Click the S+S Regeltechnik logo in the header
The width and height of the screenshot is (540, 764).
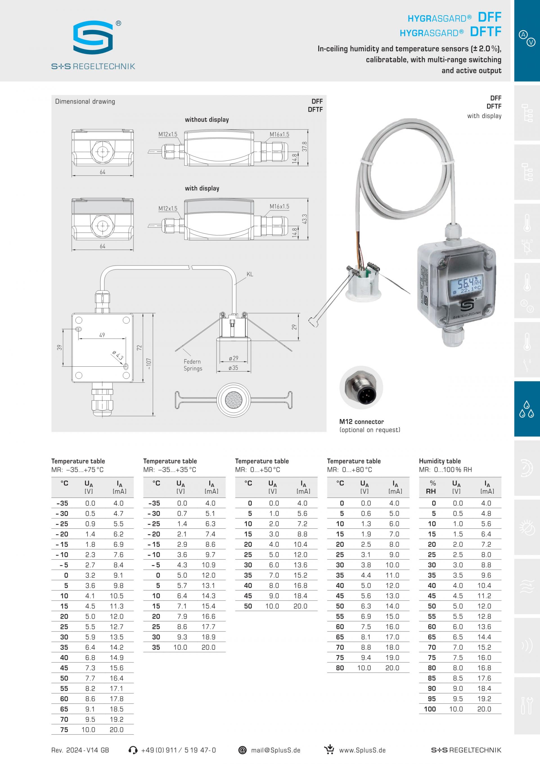click(x=93, y=45)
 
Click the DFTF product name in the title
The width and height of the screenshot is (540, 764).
click(x=485, y=32)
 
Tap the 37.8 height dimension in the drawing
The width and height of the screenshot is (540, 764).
click(x=304, y=147)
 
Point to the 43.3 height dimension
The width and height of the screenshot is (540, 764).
click(x=304, y=219)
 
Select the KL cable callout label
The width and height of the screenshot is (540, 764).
click(x=250, y=274)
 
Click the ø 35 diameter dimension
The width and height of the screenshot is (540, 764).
click(x=233, y=368)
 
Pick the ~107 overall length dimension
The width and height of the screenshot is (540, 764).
click(x=148, y=364)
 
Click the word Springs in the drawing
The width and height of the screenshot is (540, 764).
click(x=193, y=368)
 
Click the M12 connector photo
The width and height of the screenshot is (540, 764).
click(x=361, y=388)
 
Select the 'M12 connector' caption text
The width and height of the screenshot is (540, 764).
click(x=361, y=422)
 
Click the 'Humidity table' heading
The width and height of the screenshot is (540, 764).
click(x=440, y=461)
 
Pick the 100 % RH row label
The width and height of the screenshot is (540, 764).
click(x=430, y=709)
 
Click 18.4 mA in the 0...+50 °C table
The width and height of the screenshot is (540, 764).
click(x=300, y=596)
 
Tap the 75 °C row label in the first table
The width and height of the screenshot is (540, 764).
click(x=64, y=729)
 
